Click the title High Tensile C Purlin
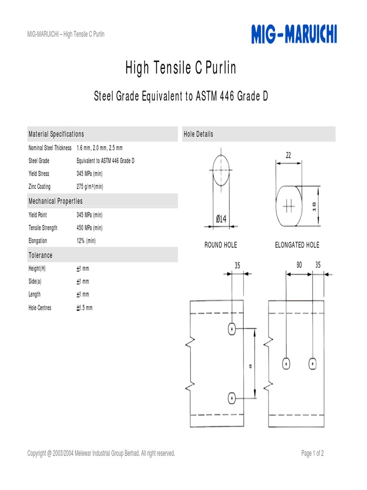(181, 68)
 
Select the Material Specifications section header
(56, 134)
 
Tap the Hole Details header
(198, 134)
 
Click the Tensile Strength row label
(43, 228)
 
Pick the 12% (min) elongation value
(86, 241)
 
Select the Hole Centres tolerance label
(40, 308)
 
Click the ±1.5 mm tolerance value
(85, 308)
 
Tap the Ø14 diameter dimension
(221, 219)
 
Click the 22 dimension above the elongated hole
(288, 155)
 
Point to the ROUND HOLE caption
(221, 245)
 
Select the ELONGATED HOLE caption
(297, 245)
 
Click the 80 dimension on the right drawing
(299, 265)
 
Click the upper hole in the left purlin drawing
(232, 329)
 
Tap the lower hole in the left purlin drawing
(232, 398)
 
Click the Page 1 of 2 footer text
(313, 453)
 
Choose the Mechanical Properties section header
(55, 201)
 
